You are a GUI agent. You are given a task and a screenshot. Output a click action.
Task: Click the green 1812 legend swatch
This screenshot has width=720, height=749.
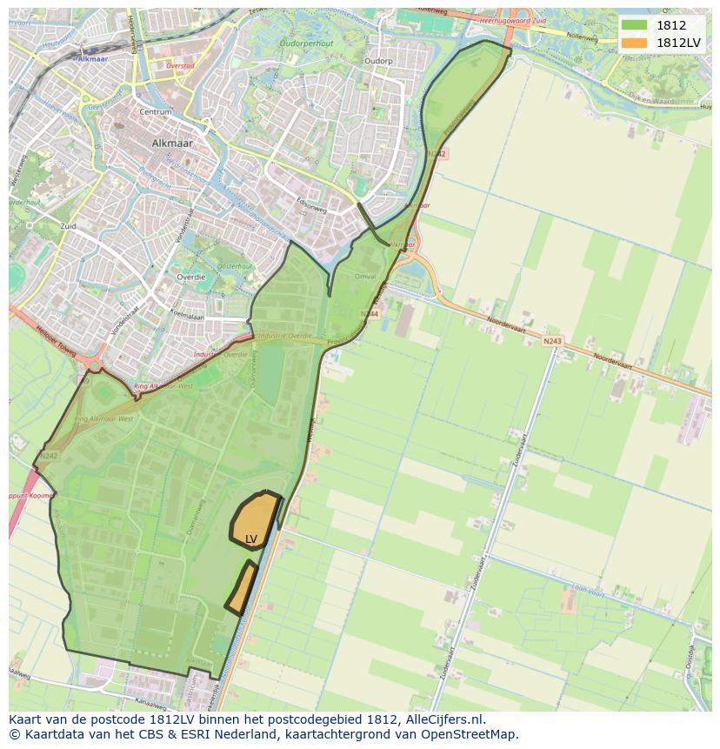point(634,25)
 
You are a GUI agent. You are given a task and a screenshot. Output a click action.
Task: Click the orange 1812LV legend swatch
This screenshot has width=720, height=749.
point(634,43)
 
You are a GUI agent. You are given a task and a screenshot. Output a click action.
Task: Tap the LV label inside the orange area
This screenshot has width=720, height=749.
point(251,539)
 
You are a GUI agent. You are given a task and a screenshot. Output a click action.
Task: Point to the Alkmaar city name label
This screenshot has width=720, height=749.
point(172,144)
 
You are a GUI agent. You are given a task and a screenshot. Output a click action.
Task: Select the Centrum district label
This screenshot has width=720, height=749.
point(155,112)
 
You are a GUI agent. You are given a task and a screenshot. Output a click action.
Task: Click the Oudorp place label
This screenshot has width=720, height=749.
point(379,61)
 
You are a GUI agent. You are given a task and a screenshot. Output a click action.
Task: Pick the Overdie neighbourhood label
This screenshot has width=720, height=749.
point(190,277)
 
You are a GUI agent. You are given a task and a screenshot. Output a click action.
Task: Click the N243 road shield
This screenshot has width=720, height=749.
point(552,341)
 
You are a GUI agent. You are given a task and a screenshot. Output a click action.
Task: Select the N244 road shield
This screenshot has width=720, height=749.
point(370,313)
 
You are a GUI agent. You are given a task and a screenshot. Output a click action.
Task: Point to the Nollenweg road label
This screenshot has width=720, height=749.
point(583,38)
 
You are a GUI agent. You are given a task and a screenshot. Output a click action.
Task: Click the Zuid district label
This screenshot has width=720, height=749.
point(67,226)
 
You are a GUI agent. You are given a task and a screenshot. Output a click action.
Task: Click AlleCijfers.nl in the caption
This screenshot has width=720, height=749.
point(442,719)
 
